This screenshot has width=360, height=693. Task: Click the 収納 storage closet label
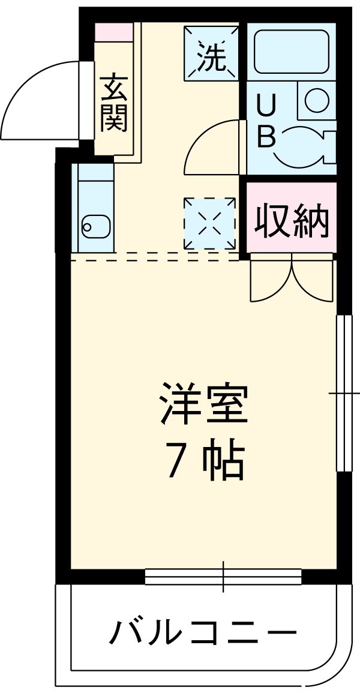(x=292, y=221)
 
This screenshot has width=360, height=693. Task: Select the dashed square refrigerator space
(x=209, y=223)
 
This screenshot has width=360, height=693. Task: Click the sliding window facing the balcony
(x=223, y=577)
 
